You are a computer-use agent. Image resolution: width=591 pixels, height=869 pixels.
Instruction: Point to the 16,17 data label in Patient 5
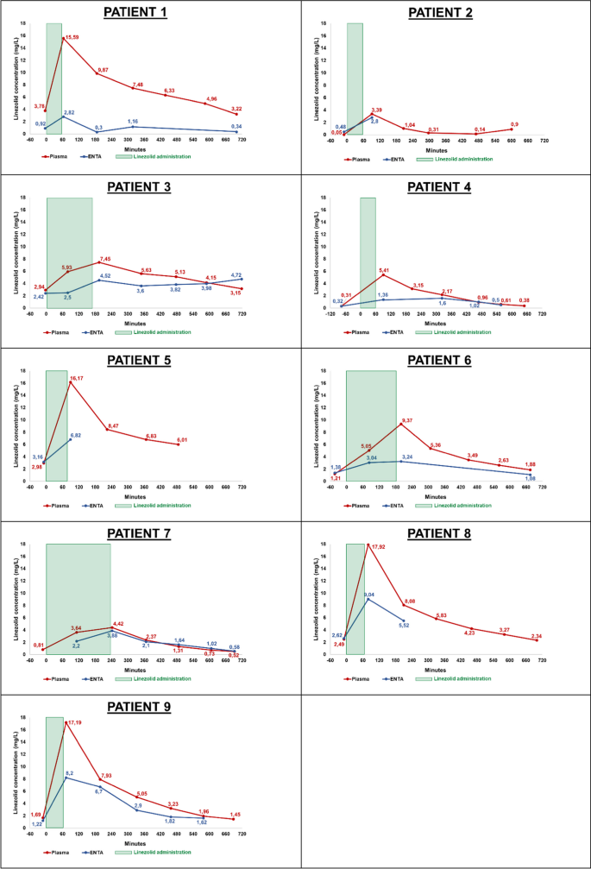[x=76, y=379]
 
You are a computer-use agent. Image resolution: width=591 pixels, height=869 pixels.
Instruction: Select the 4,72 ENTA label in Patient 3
[x=236, y=274]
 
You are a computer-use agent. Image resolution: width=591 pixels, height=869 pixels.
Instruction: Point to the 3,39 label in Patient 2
[x=376, y=110]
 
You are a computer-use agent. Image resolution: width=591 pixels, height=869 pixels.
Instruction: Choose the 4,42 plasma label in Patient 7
[x=118, y=623]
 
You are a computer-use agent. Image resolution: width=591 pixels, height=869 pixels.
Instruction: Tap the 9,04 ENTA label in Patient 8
[x=368, y=595]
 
